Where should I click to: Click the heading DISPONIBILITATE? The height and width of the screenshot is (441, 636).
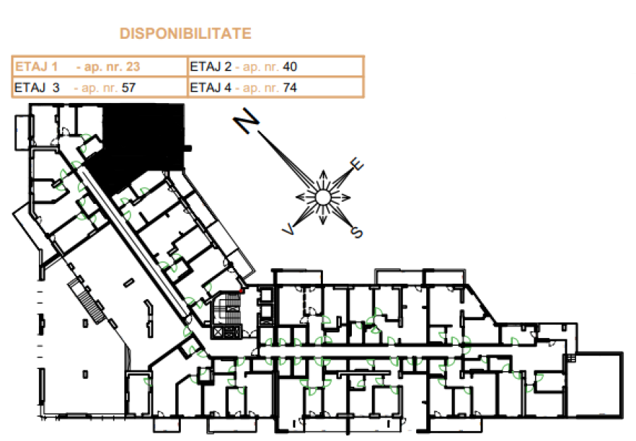click(185, 34)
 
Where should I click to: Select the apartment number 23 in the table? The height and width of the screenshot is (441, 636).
click(133, 66)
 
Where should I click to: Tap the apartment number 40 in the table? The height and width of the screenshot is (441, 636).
click(290, 66)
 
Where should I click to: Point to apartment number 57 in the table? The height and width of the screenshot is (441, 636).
click(128, 87)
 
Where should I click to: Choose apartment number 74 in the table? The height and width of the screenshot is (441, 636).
click(290, 87)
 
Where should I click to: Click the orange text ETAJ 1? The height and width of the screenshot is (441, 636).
click(36, 66)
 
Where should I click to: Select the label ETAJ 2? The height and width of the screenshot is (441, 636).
click(211, 66)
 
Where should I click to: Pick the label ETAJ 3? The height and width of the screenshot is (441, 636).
click(37, 87)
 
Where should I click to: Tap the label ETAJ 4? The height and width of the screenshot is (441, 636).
click(211, 87)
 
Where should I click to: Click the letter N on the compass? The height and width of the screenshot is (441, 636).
click(246, 120)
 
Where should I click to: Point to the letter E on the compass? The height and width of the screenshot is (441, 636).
click(357, 164)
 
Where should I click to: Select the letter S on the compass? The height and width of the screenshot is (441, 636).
click(357, 232)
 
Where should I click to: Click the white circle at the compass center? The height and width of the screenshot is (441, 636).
click(323, 198)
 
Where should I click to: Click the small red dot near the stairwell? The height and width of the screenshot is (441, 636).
click(241, 291)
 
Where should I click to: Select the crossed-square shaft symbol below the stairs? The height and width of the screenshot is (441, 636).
click(218, 332)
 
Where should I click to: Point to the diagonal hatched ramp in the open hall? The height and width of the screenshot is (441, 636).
click(87, 301)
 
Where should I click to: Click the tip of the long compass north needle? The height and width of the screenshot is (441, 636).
click(259, 133)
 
